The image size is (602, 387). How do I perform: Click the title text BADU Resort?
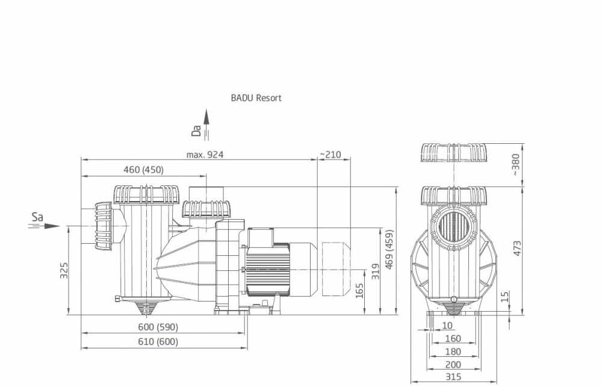tap(256, 98)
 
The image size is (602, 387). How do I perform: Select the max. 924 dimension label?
tap(205, 155)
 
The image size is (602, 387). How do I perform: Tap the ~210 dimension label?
tap(330, 155)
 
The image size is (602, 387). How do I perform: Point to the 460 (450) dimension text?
tap(143, 170)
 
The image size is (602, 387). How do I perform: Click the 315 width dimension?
tap(454, 377)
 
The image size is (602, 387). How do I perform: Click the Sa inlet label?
tap(37, 217)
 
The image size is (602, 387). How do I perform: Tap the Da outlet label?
tap(195, 131)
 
